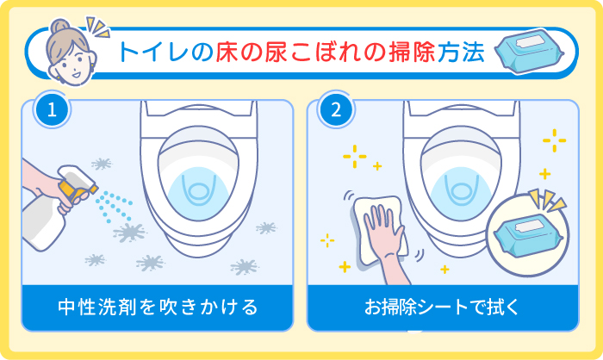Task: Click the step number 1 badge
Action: point(52,110)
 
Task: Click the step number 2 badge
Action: point(336,110)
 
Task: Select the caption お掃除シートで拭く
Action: point(443,306)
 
